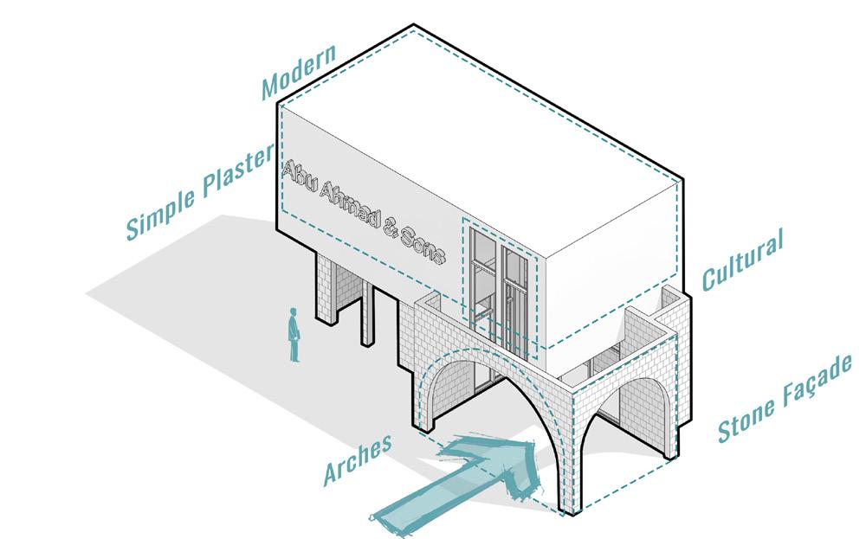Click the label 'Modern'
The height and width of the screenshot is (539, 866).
pos(299,74)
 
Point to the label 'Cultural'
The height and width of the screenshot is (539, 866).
pos(742,259)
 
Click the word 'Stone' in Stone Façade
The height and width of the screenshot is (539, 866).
pos(750,414)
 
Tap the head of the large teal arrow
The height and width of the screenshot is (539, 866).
pos(511,459)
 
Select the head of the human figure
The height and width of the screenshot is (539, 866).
pos(294,314)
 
